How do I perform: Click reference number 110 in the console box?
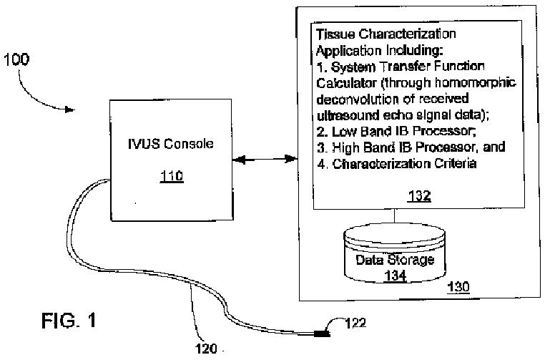click(172, 175)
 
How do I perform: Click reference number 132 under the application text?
click(420, 195)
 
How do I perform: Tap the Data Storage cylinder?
click(395, 254)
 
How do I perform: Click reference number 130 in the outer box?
click(458, 287)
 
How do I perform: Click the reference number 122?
click(355, 323)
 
